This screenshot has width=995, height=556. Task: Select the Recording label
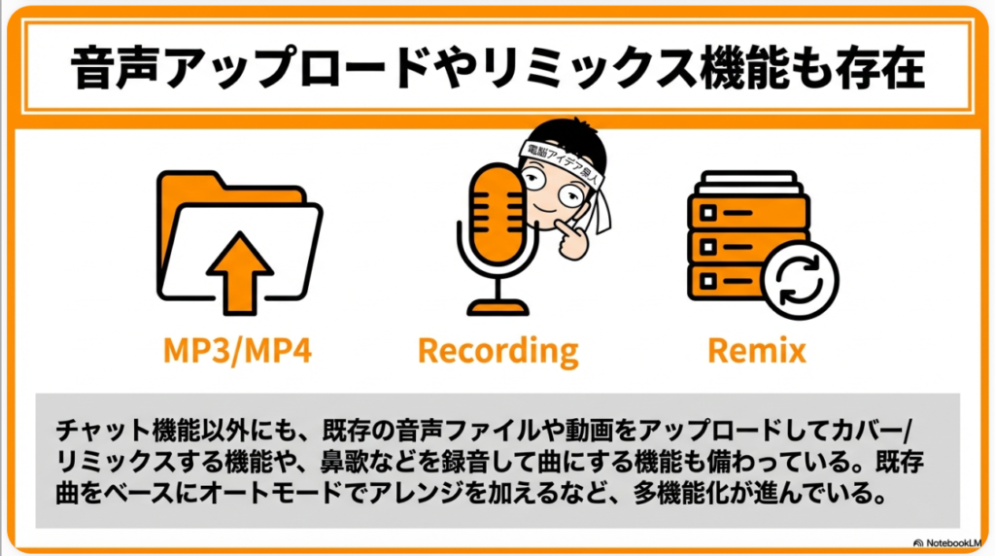point(497,350)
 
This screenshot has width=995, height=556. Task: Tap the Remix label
point(758,350)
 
